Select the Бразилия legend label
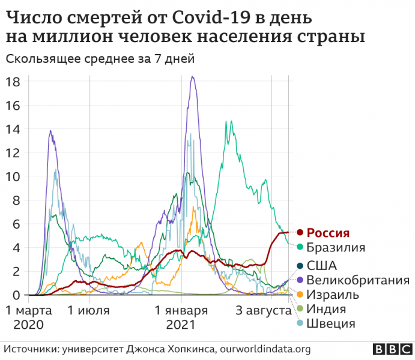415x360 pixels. (x=336, y=247)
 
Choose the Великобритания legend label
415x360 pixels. (x=358, y=280)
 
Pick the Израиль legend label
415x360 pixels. (x=333, y=295)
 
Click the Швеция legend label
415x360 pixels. (x=330, y=324)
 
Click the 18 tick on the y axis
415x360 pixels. (x=13, y=82)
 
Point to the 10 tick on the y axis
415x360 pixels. (x=13, y=176)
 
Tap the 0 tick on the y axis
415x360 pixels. (x=17, y=295)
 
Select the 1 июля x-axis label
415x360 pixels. (x=89, y=311)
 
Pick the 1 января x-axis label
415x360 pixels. (x=181, y=311)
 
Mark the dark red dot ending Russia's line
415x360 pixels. (x=295, y=232)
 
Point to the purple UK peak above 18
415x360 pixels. (x=192, y=77)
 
